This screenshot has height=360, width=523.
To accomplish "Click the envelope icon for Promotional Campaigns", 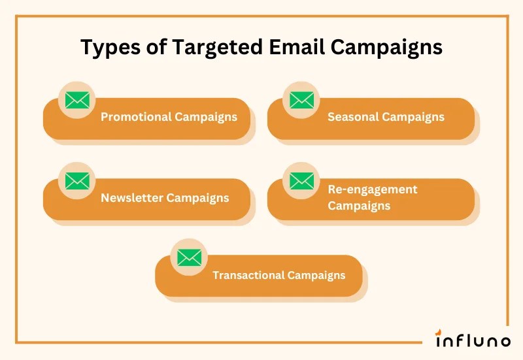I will coord(77,100).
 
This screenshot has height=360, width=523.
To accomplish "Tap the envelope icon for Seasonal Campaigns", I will coord(301,100).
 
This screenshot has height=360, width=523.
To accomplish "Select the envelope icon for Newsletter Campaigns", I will coord(77,181).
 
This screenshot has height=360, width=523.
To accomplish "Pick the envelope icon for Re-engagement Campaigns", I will coord(301,181).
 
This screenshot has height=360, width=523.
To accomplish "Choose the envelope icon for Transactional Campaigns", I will coord(189,257).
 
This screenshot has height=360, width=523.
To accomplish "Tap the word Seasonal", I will coord(353,118).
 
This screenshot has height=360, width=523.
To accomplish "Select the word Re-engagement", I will coord(372,189).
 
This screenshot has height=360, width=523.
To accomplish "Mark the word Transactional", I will coord(246,275).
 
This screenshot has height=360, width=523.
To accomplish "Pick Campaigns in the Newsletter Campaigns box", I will coord(197,198).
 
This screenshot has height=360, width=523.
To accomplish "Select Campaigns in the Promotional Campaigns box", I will coord(206,118).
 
